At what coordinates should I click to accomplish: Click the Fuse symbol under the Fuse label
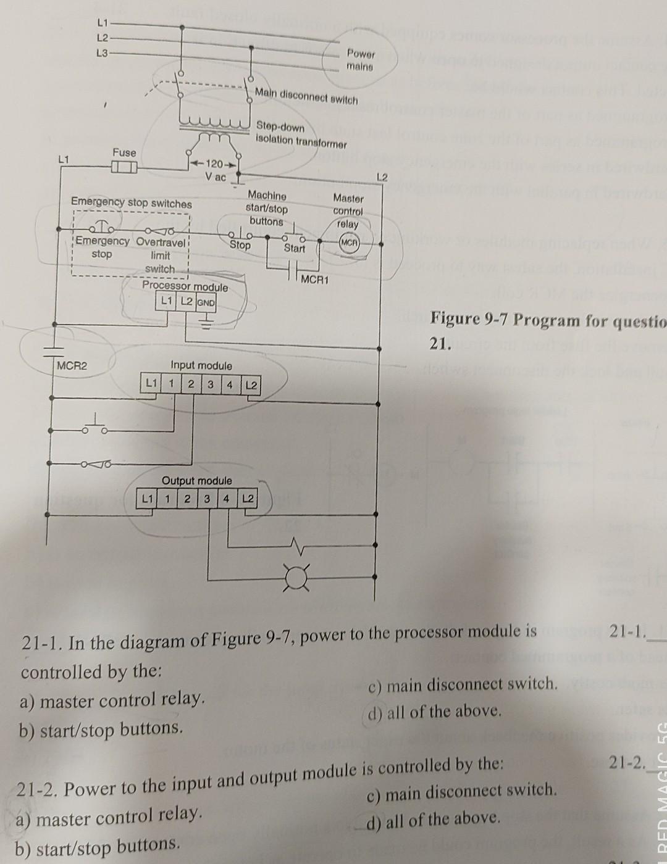(x=124, y=167)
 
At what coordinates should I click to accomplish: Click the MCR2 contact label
(x=72, y=365)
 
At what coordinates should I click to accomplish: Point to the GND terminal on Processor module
(x=206, y=302)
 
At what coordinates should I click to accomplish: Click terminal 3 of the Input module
(x=211, y=385)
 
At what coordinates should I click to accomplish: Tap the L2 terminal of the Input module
(x=251, y=385)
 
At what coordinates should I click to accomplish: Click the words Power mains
(x=360, y=59)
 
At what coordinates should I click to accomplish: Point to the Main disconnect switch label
(x=306, y=96)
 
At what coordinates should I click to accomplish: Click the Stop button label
(x=240, y=246)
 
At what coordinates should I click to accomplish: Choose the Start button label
(x=294, y=248)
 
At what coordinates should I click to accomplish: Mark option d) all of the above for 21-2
(x=432, y=819)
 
